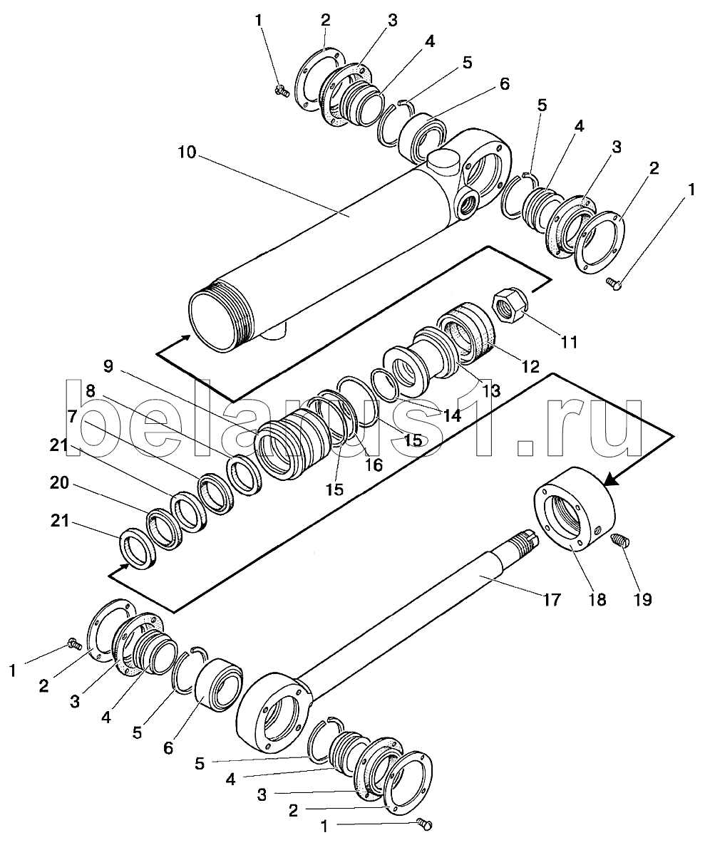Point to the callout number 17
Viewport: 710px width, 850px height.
pos(550,599)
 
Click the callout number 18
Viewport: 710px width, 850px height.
pos(597,599)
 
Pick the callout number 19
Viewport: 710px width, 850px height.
pos(643,599)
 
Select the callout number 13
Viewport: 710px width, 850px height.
pos(490,390)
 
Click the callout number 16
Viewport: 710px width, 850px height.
pos(374,465)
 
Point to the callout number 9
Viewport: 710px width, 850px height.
pos(108,368)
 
